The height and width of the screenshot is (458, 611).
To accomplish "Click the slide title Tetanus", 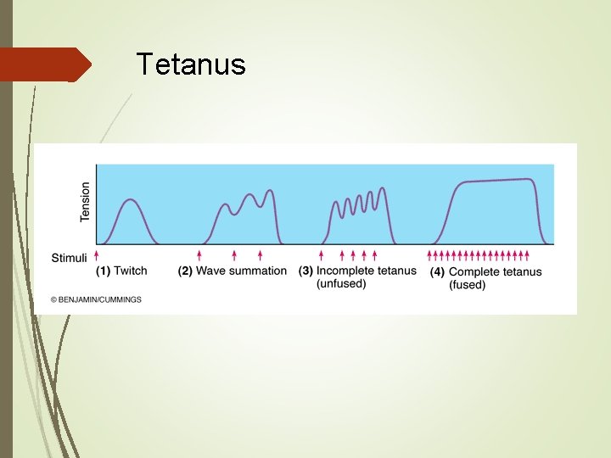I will coord(191,64).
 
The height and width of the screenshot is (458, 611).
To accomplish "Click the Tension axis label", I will coord(85,202).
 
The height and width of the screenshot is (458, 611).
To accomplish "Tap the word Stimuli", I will coord(68,256).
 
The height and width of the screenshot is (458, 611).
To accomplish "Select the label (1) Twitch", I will coord(121,271).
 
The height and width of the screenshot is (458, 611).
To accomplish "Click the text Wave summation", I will coord(241,271).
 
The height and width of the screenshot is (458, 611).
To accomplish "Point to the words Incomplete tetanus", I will coord(366,271).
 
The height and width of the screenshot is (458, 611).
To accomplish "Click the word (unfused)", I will coord(341,284).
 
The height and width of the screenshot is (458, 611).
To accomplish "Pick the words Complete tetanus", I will coord(495,272).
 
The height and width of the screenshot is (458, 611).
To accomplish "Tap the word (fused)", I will coord(467,285).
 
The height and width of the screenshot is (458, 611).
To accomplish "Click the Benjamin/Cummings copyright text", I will coord(96,299).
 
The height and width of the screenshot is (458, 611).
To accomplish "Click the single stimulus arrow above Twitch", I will coord(97,254).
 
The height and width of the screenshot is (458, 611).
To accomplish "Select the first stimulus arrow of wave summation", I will coord(199,254).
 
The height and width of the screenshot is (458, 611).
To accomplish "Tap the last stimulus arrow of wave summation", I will coord(260,254).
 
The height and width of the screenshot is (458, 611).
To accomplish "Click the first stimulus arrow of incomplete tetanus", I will coord(322,254).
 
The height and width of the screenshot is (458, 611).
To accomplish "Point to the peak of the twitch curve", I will coord(130,199).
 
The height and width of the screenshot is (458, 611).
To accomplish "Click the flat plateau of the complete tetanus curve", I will coord(496,180).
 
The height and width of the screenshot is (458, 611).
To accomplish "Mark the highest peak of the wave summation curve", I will coord(271,190).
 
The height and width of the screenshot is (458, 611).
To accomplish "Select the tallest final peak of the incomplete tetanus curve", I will coord(382,188).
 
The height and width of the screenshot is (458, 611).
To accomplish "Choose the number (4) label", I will coord(438,272).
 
